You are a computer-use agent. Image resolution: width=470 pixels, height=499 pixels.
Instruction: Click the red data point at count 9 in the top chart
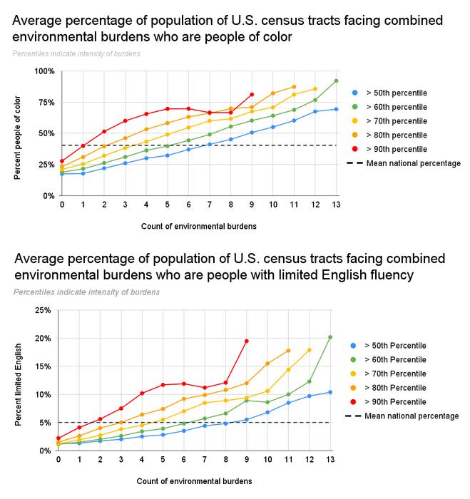(x=252, y=94)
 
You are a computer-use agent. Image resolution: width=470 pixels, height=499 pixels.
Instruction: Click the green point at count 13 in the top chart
(x=336, y=81)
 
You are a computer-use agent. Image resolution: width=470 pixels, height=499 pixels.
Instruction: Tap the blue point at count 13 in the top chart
(x=336, y=109)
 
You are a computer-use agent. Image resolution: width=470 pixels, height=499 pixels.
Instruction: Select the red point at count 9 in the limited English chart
(x=247, y=341)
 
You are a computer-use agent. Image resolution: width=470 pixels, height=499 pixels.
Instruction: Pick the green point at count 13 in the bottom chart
(x=330, y=337)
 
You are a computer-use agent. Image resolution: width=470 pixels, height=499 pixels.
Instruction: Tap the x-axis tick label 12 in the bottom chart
(x=309, y=460)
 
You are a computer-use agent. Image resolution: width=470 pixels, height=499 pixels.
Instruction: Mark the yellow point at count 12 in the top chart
(x=315, y=89)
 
